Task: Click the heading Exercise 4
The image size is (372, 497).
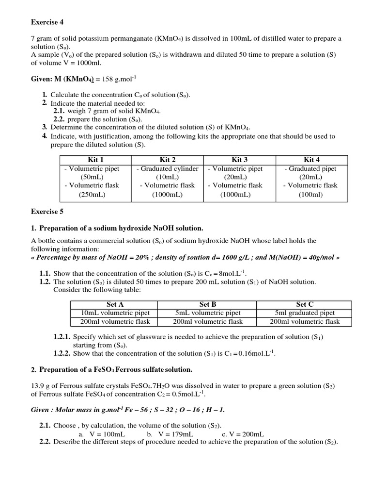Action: (x=47, y=22)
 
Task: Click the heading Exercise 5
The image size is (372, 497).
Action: (x=47, y=212)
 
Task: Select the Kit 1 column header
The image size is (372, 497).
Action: (x=95, y=160)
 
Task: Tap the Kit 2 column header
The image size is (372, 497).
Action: (x=168, y=160)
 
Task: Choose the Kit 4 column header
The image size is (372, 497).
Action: (x=311, y=160)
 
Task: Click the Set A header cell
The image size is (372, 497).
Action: (x=115, y=304)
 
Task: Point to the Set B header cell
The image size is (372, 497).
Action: (x=207, y=304)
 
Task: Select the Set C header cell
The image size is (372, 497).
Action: (x=305, y=304)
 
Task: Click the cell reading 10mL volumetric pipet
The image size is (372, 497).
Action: (x=115, y=313)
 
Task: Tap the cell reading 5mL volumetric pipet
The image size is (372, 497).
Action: (x=207, y=313)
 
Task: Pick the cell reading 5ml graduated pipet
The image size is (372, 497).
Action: (x=305, y=313)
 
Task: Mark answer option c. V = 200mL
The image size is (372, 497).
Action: (x=243, y=434)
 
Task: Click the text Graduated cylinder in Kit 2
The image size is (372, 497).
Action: (x=170, y=169)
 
